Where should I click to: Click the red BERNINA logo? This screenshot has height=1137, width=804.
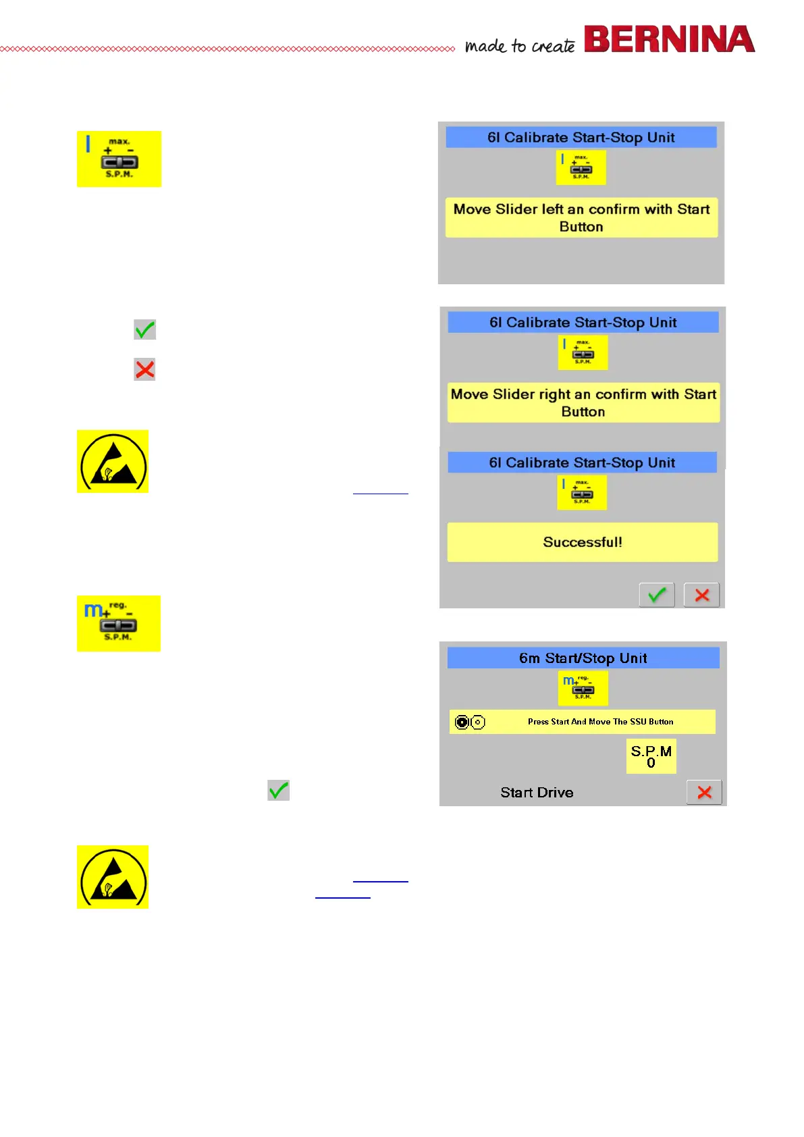pos(668,39)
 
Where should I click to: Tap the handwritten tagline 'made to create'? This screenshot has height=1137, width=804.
pos(520,46)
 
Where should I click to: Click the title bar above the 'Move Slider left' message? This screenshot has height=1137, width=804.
pos(581,137)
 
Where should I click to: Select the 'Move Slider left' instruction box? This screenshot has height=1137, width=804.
pos(581,217)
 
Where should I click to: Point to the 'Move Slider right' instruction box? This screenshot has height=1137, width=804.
pos(583,402)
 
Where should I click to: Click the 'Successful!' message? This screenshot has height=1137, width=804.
pos(583,542)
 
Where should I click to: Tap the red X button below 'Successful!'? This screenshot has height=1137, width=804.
pos(701,595)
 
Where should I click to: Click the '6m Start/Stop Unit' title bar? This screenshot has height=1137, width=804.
pos(583,658)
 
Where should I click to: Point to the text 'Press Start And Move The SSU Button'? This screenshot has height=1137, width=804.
pos(600,722)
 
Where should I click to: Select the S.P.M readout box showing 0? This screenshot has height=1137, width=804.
pos(651,756)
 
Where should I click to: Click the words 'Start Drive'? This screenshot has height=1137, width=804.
pos(537,793)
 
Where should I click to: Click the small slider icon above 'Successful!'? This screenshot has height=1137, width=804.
pos(582,492)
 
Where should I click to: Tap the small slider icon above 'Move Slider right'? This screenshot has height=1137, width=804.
pos(583,352)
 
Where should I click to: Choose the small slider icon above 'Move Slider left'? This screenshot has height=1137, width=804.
pos(581,167)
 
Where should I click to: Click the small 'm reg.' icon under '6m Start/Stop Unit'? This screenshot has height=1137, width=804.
pos(583,688)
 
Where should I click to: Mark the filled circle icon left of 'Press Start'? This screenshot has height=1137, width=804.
pos(462,722)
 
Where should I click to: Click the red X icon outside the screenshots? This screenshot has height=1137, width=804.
pos(144,369)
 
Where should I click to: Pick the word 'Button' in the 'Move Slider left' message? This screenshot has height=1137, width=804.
pos(581,227)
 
